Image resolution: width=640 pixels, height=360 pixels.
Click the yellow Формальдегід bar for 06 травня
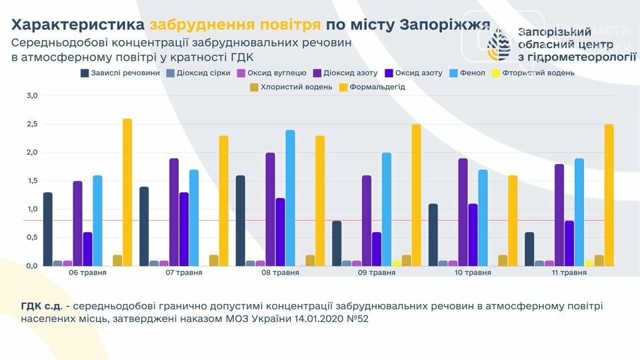point(127,193)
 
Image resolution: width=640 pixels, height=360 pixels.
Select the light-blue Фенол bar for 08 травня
point(290,198)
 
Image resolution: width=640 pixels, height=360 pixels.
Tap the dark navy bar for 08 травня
point(241,221)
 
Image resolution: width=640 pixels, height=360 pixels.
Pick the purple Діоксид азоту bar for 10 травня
point(463,212)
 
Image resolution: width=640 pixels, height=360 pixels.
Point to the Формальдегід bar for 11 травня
point(609,195)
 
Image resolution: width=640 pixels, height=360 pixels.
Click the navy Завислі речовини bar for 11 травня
point(529,249)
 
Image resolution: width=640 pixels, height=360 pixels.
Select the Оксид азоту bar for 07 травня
point(184,229)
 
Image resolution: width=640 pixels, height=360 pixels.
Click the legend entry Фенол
point(461,73)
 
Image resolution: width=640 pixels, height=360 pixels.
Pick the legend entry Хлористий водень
point(291,87)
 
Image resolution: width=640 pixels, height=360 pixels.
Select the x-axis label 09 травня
point(367,273)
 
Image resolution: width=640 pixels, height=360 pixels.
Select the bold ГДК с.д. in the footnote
point(41,306)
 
